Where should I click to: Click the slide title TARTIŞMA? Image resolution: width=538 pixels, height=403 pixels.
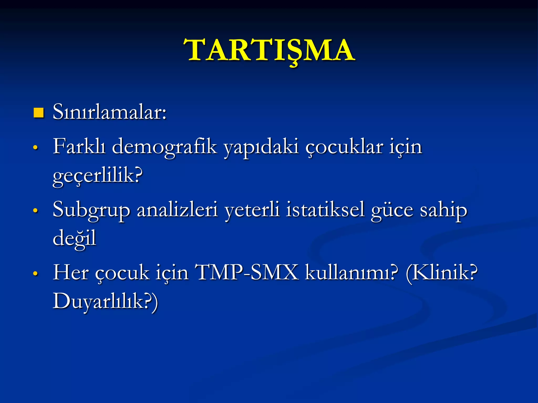tap(270, 50)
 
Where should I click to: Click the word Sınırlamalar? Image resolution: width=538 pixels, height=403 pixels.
tap(109, 112)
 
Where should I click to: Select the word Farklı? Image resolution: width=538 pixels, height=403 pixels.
tap(79, 146)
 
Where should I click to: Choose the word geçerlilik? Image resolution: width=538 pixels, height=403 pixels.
tap(97, 176)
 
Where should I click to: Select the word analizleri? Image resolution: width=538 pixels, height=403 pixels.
tap(177, 210)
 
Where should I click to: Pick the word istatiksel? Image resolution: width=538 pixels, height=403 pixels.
tap(325, 210)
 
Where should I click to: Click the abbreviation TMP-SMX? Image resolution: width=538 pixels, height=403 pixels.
tap(247, 273)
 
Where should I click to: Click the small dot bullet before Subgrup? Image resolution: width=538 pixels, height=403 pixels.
tap(35, 210)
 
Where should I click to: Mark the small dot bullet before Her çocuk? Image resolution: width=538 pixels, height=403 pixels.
tap(35, 273)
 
